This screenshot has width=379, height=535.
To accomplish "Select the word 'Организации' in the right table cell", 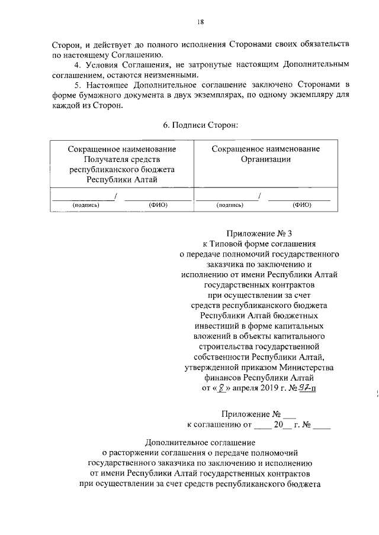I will (266, 159).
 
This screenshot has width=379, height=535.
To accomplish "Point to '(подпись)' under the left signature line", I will (85, 205).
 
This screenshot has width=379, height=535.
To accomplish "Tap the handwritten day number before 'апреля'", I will (221, 388).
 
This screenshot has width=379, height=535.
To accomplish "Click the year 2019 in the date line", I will (268, 388).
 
